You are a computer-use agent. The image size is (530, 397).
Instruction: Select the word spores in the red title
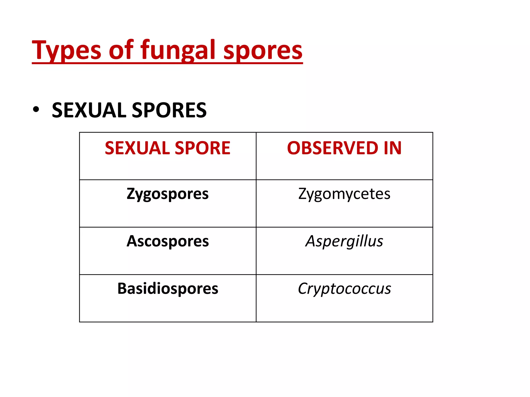[x=263, y=50]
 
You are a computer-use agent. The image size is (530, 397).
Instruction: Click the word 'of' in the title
[x=121, y=50]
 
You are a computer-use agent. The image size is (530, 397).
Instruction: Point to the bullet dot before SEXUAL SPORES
[x=36, y=110]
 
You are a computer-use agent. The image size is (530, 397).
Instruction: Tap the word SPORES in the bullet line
[x=169, y=110]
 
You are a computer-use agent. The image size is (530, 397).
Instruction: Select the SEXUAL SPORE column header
[x=167, y=148]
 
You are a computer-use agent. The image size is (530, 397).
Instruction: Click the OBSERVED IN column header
[x=344, y=148]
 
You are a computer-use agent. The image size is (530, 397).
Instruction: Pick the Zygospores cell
[x=167, y=194]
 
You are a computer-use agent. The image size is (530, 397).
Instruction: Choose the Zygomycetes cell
[x=344, y=194]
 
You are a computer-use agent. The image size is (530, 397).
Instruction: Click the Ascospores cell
[x=167, y=241]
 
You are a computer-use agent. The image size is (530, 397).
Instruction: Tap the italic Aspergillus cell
[x=344, y=241]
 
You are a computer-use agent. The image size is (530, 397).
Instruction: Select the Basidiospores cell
[x=167, y=288]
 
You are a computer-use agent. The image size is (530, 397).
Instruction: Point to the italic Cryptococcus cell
[x=344, y=289]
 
